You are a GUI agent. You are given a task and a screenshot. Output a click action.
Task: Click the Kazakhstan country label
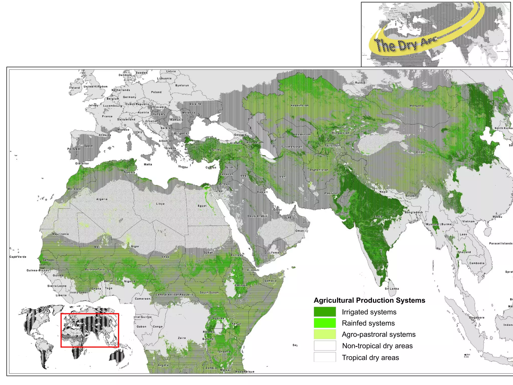pyautogui.click(x=300, y=105)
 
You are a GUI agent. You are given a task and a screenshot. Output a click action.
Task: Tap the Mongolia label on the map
pyautogui.click(x=417, y=106)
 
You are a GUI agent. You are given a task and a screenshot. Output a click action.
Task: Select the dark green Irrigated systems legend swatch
pyautogui.click(x=325, y=312)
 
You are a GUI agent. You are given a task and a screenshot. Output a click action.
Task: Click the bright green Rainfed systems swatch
pyautogui.click(x=325, y=323)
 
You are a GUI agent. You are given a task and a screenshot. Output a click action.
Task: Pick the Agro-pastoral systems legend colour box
pyautogui.click(x=325, y=334)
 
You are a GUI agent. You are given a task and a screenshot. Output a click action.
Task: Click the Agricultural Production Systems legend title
pyautogui.click(x=369, y=300)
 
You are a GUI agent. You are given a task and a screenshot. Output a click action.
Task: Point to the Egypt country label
pyautogui.click(x=202, y=206)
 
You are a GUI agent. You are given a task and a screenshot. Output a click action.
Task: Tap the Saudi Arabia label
pyautogui.click(x=257, y=216)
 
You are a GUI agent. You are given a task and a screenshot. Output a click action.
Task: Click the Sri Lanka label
pyautogui.click(x=392, y=289)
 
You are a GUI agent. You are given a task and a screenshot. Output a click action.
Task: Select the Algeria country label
pyautogui.click(x=102, y=199)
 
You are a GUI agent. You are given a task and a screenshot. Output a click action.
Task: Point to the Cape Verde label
pyautogui.click(x=18, y=257)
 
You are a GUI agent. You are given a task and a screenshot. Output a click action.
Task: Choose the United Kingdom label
pyautogui.click(x=95, y=86)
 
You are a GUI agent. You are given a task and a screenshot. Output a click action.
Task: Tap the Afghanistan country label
pyautogui.click(x=319, y=170)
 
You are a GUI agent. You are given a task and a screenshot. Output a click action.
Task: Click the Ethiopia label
pyautogui.click(x=241, y=285)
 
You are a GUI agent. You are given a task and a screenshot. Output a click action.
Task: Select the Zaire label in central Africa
pyautogui.click(x=182, y=338)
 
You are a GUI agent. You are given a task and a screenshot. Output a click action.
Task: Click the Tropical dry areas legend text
pyautogui.click(x=370, y=357)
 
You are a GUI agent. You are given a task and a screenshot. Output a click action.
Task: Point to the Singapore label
pyautogui.click(x=476, y=318)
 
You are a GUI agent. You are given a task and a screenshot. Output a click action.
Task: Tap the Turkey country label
pyautogui.click(x=216, y=150)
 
